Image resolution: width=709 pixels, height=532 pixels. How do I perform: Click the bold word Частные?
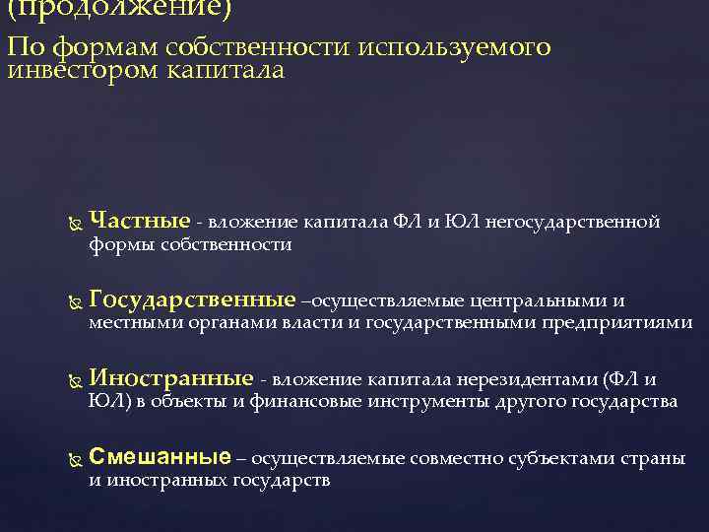(139, 222)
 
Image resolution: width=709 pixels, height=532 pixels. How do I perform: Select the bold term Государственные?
(191, 300)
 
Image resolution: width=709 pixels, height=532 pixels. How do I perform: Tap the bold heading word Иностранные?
(171, 379)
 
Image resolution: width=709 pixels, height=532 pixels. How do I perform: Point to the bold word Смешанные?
(160, 458)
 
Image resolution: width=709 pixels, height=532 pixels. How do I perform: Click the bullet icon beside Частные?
(68, 224)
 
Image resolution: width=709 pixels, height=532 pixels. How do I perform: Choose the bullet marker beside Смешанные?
(68, 460)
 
